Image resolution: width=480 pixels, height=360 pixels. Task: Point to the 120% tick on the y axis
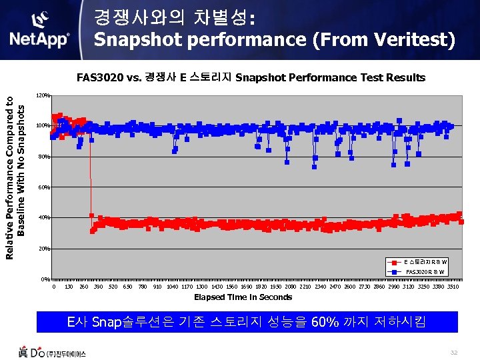click(x=43, y=95)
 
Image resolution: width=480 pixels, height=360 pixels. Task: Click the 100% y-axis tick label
click(x=43, y=126)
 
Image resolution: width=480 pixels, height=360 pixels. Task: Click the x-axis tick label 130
click(x=69, y=287)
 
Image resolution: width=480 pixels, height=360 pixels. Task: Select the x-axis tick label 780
click(x=142, y=287)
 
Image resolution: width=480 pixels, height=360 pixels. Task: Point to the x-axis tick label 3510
click(x=453, y=287)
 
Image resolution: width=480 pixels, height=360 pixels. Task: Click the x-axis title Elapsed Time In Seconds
click(x=243, y=297)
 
